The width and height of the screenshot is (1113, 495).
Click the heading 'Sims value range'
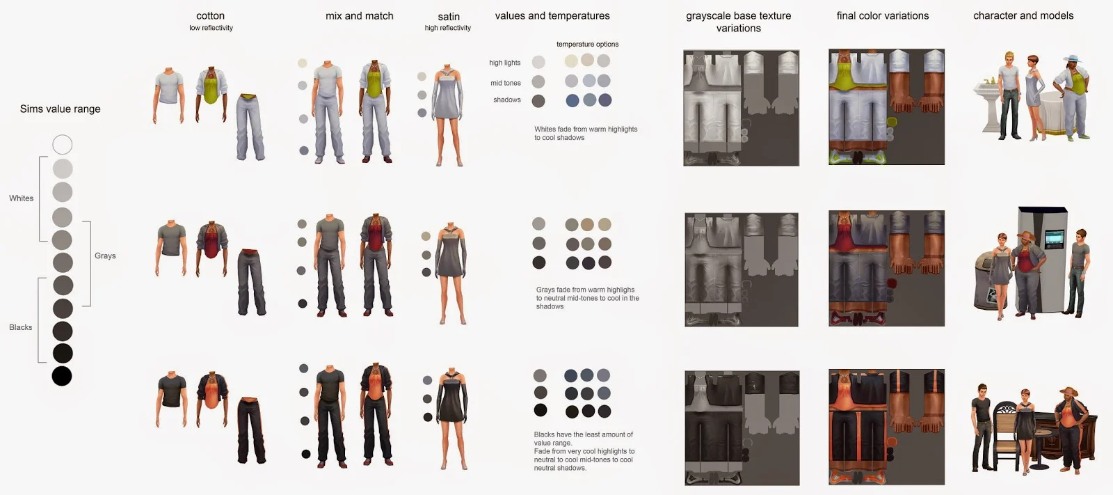click(60, 109)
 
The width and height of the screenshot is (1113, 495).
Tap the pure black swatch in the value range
click(62, 376)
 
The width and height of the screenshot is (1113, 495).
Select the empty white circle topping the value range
click(63, 145)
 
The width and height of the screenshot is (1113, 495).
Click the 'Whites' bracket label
click(22, 198)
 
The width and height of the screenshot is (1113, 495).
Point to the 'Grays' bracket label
click(105, 256)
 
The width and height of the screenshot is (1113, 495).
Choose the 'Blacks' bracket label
click(20, 327)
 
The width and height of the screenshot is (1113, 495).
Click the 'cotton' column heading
click(210, 16)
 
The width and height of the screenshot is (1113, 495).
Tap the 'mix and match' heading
click(359, 16)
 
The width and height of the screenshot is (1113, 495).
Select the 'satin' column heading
click(448, 17)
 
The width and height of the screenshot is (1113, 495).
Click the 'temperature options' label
click(587, 45)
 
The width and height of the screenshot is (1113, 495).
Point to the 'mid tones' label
click(505, 83)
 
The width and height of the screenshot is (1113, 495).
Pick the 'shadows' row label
click(507, 100)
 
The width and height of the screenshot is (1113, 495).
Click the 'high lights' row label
click(504, 63)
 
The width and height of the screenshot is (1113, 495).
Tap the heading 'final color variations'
click(883, 16)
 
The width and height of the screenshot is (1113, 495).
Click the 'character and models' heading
click(1023, 16)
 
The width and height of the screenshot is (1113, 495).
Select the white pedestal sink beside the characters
click(987, 105)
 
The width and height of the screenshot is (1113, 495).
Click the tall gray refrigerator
click(1042, 259)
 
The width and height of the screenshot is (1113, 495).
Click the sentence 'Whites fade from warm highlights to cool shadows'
click(586, 134)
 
